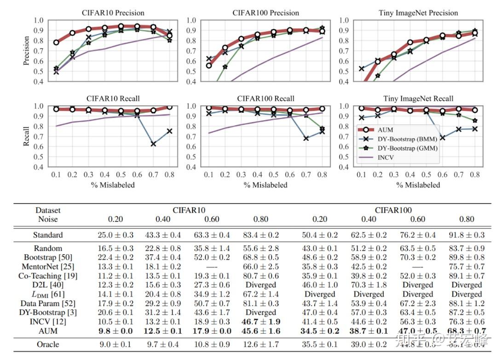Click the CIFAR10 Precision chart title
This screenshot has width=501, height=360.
[113, 12]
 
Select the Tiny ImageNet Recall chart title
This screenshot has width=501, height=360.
[418, 99]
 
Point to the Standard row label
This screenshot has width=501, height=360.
[48, 235]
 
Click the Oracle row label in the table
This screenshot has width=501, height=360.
[48, 344]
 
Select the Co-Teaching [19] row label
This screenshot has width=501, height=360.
[48, 276]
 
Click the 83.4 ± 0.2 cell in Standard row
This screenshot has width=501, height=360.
[260, 235]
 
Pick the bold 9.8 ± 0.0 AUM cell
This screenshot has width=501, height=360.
[115, 331]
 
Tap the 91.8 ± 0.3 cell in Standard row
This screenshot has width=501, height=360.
[466, 235]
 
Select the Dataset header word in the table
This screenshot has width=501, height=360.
[48, 210]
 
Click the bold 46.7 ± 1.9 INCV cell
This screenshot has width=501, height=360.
[260, 321]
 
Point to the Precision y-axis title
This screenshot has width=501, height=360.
[26, 51]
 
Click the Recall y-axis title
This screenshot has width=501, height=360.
[26, 136]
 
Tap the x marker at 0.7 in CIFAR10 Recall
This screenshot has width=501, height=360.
[153, 144]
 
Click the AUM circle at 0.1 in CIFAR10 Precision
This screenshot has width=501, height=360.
[56, 42]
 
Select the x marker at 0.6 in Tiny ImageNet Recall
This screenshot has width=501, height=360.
[443, 137]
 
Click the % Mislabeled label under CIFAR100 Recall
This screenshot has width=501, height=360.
[265, 185]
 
